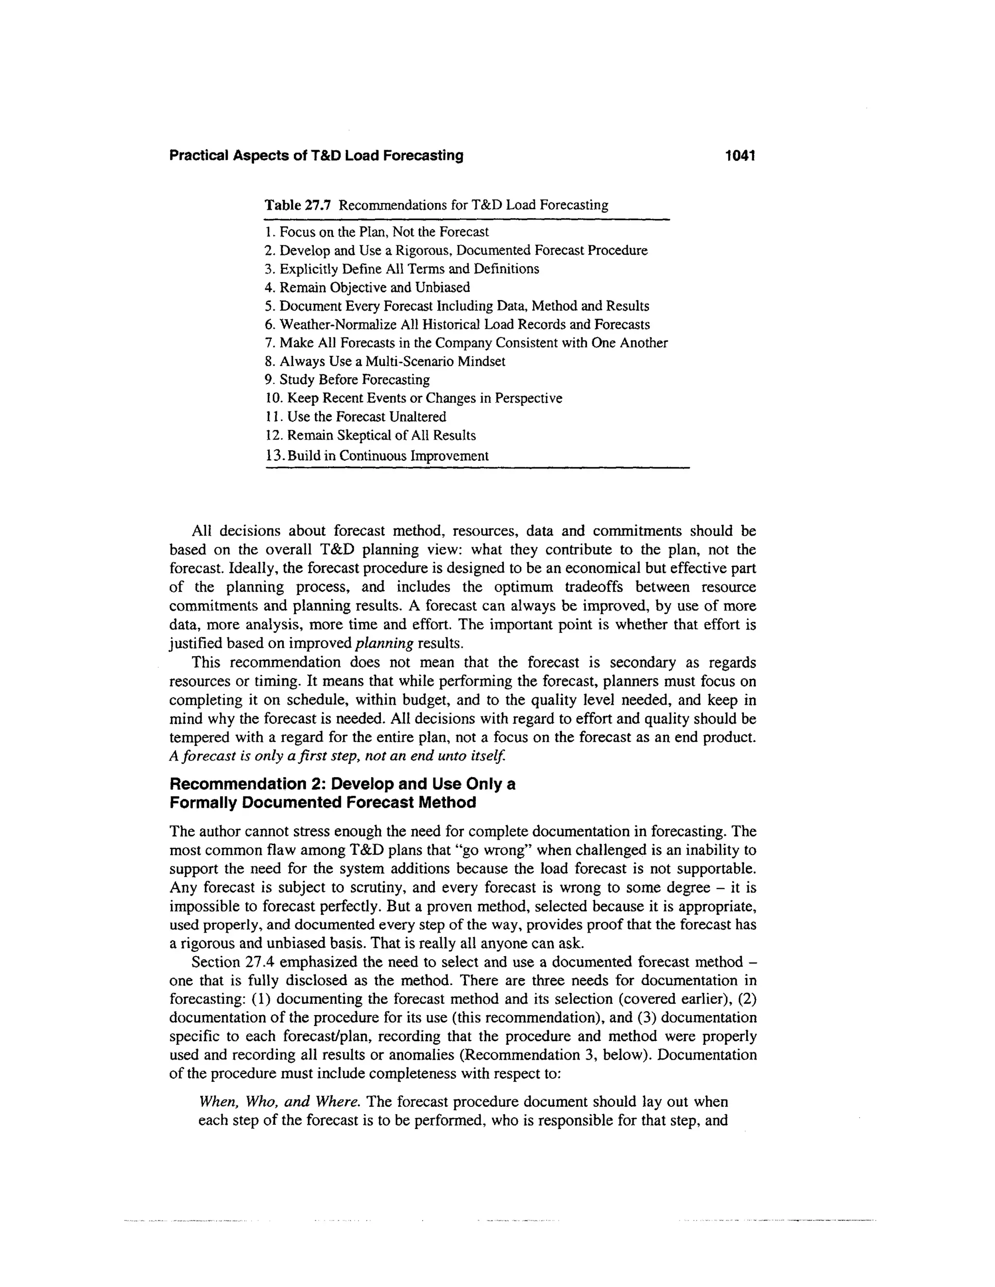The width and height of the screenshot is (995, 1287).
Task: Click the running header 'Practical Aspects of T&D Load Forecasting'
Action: pyautogui.click(x=316, y=155)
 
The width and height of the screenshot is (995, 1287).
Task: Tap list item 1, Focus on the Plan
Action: pyautogui.click(x=377, y=232)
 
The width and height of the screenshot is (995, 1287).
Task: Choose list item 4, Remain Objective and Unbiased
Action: pyautogui.click(x=368, y=288)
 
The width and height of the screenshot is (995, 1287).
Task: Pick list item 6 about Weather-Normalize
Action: pyautogui.click(x=457, y=325)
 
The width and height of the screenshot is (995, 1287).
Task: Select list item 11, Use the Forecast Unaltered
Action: pyautogui.click(x=356, y=417)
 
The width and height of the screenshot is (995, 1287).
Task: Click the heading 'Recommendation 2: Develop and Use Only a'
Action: pyautogui.click(x=342, y=784)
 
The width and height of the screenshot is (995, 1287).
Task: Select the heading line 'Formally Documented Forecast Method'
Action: pyautogui.click(x=323, y=803)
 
